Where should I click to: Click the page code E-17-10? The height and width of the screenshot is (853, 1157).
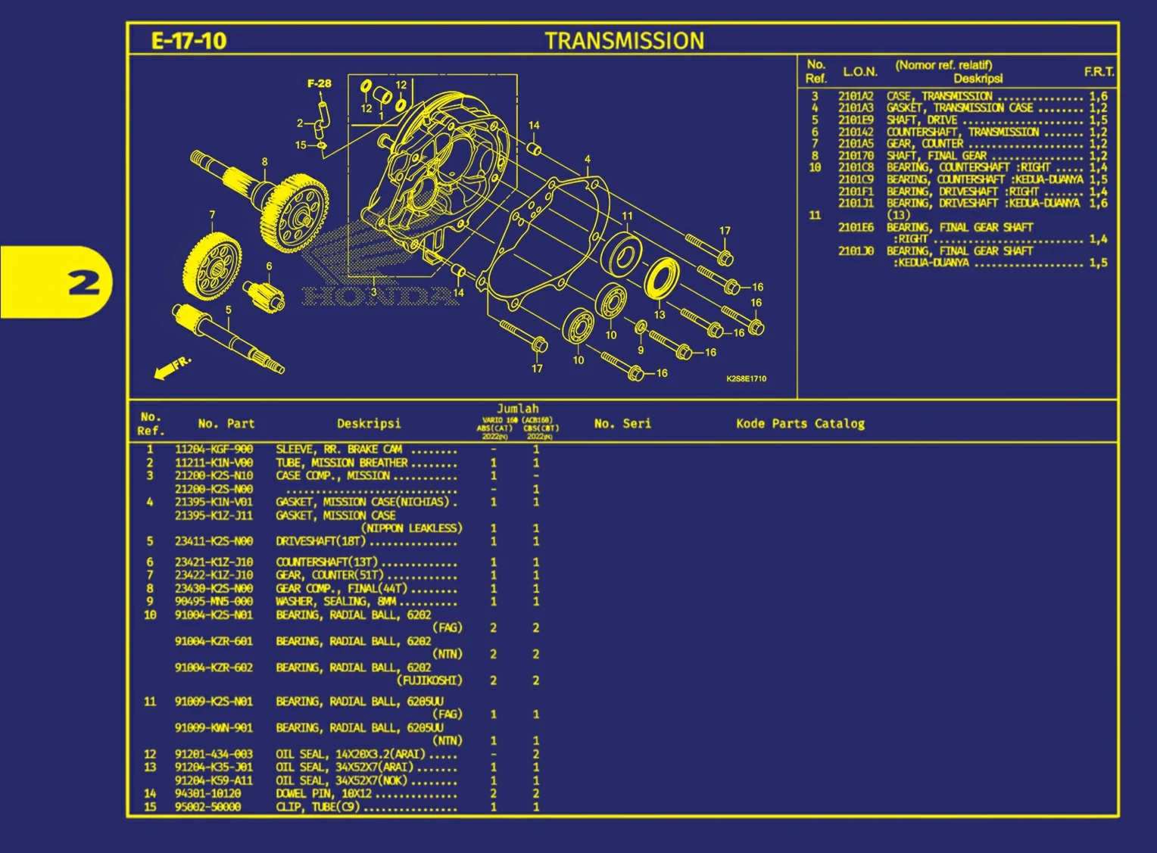click(x=189, y=41)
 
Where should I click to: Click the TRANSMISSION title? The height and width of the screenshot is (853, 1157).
click(x=624, y=41)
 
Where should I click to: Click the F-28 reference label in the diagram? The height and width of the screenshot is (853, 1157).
click(x=319, y=83)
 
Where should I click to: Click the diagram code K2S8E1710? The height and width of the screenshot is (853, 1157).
click(x=746, y=378)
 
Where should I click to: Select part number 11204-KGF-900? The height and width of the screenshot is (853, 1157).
click(x=214, y=450)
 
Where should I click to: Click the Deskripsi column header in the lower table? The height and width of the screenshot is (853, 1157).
click(x=369, y=424)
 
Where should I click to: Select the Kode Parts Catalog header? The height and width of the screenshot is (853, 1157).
click(x=800, y=424)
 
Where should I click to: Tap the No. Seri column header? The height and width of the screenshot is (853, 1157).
click(x=622, y=424)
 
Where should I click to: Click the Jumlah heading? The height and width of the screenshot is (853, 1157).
click(x=517, y=409)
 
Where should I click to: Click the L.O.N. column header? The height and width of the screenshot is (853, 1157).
click(x=860, y=72)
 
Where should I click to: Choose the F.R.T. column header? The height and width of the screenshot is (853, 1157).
click(x=1098, y=72)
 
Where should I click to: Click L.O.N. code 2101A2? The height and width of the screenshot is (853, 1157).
click(x=856, y=96)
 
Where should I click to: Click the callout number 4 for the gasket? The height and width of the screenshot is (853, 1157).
click(x=588, y=160)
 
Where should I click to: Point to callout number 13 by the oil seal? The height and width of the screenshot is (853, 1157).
click(x=660, y=314)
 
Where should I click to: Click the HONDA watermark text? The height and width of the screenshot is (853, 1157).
click(x=380, y=296)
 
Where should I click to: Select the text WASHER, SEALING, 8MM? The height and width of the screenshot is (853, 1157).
click(x=335, y=602)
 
